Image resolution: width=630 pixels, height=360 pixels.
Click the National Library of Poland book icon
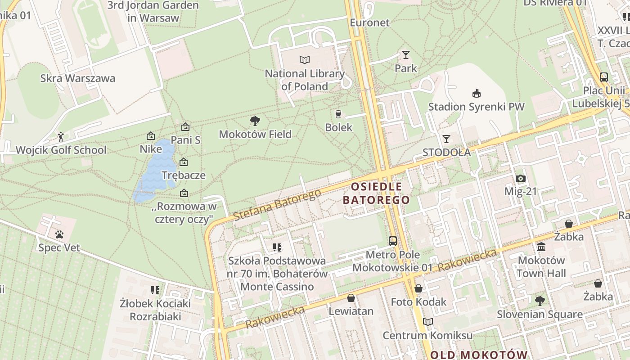pos(305,60)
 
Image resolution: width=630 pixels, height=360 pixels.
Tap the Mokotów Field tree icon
pos(255,121)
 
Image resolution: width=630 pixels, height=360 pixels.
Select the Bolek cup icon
pos(338,114)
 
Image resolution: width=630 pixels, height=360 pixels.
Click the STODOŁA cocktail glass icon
pos(446,139)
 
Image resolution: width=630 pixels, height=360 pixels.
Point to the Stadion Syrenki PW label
pos(476,107)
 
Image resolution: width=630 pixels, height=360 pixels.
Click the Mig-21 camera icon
pos(521,178)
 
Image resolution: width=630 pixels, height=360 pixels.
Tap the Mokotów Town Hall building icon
pos(541,247)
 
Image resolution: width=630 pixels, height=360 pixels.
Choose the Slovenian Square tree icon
pos(540,301)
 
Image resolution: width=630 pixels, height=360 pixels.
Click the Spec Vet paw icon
pos(59,234)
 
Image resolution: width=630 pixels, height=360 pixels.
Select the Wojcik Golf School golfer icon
pos(61,136)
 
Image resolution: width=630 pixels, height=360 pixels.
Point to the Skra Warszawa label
pos(78,78)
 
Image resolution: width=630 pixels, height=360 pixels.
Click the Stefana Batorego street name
pos(277,205)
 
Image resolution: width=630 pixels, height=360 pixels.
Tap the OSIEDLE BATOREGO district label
pos(376,193)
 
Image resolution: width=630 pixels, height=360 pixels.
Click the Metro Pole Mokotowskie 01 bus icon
pos(393,241)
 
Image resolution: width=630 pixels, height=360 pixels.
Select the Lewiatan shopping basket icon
pos(351,298)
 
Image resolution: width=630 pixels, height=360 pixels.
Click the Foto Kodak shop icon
pos(418,288)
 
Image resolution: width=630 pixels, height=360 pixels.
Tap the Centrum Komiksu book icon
pos(427,322)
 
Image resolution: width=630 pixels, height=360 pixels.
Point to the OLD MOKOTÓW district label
pos(478,355)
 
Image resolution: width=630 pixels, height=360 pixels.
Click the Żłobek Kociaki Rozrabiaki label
pos(156,310)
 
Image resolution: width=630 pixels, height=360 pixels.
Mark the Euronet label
pos(369,22)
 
